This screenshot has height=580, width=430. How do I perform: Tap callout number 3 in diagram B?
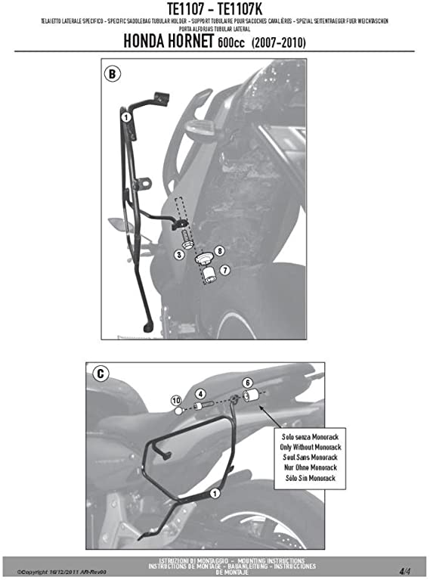[x=179, y=255]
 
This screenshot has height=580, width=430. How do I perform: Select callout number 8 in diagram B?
[x=218, y=250]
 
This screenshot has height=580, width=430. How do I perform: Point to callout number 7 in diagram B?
[x=224, y=269]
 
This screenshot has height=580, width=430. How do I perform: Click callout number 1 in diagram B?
[x=125, y=116]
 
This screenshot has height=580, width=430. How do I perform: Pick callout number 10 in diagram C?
[x=175, y=400]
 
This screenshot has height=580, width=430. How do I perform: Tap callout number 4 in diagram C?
[x=200, y=394]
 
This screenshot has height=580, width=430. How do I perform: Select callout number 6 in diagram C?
[x=246, y=383]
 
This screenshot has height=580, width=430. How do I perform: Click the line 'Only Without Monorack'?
[x=299, y=447]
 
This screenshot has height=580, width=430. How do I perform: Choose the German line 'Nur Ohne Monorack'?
[x=299, y=468]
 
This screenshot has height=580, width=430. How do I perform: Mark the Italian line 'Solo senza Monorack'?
[x=299, y=437]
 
